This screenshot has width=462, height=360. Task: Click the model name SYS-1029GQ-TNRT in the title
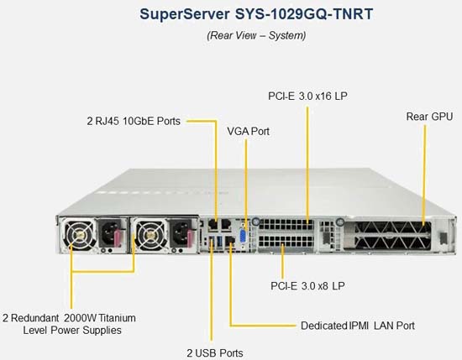304,14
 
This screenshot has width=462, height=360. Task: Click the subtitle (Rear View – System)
256,35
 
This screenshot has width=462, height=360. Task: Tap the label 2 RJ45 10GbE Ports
134,121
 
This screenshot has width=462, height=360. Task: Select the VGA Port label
248,131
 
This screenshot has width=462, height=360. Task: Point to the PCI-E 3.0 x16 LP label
307,96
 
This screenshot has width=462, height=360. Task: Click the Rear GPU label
429,117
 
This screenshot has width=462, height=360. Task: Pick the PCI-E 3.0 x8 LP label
307,286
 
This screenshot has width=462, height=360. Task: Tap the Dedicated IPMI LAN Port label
358,326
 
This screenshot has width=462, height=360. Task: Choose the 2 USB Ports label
215,353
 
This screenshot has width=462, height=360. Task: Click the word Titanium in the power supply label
117,318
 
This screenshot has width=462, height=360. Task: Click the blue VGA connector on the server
244,237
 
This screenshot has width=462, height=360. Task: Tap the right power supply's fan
151,235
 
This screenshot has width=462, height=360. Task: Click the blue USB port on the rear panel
219,242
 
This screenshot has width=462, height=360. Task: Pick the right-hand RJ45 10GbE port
226,225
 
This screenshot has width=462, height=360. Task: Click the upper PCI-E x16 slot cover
286,225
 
